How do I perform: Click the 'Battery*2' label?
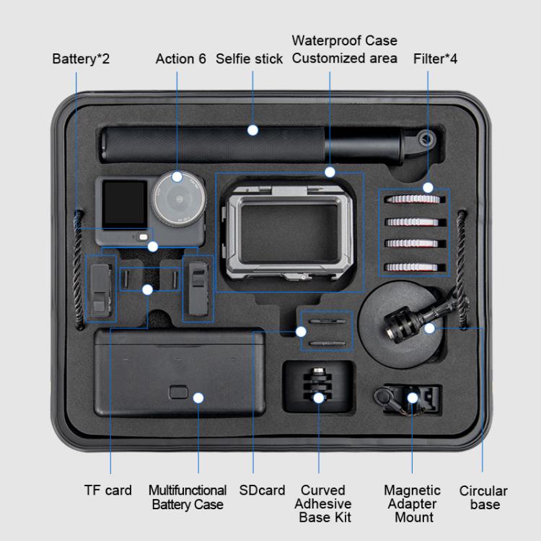coord(81,58)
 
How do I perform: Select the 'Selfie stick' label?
coord(250,58)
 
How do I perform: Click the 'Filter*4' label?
coord(435,58)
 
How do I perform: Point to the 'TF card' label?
coord(108,491)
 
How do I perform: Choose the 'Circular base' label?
coord(483,498)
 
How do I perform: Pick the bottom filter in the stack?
coord(414,266)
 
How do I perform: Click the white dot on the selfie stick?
coord(252,130)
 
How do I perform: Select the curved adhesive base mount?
coord(318,386)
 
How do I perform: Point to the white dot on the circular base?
coord(430,328)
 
